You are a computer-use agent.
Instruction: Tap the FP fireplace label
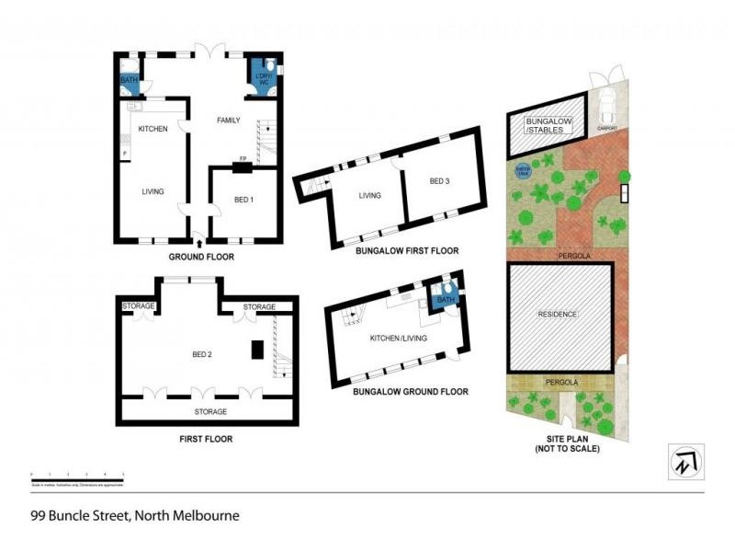click(x=243, y=159)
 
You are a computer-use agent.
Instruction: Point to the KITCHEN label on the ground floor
click(x=153, y=129)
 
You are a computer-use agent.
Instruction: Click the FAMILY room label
click(x=228, y=121)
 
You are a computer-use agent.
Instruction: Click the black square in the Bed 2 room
click(x=258, y=350)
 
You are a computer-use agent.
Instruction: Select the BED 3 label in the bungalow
click(x=440, y=181)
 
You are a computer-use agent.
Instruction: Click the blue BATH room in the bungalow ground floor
click(x=446, y=299)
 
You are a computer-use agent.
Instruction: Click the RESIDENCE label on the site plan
click(x=558, y=315)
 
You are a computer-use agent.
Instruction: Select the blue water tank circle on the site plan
click(x=523, y=170)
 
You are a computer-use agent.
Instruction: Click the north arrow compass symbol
click(x=684, y=460)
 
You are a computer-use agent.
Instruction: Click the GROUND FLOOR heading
click(x=201, y=257)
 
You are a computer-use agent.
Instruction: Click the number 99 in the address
click(x=39, y=515)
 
